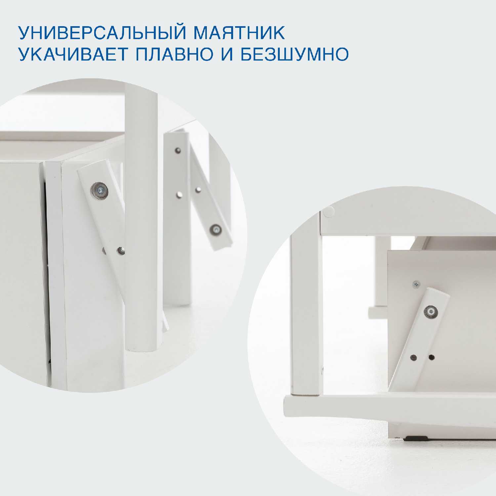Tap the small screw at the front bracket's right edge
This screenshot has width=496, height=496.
[122, 251]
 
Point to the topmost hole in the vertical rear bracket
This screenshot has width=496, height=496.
[178, 151]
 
